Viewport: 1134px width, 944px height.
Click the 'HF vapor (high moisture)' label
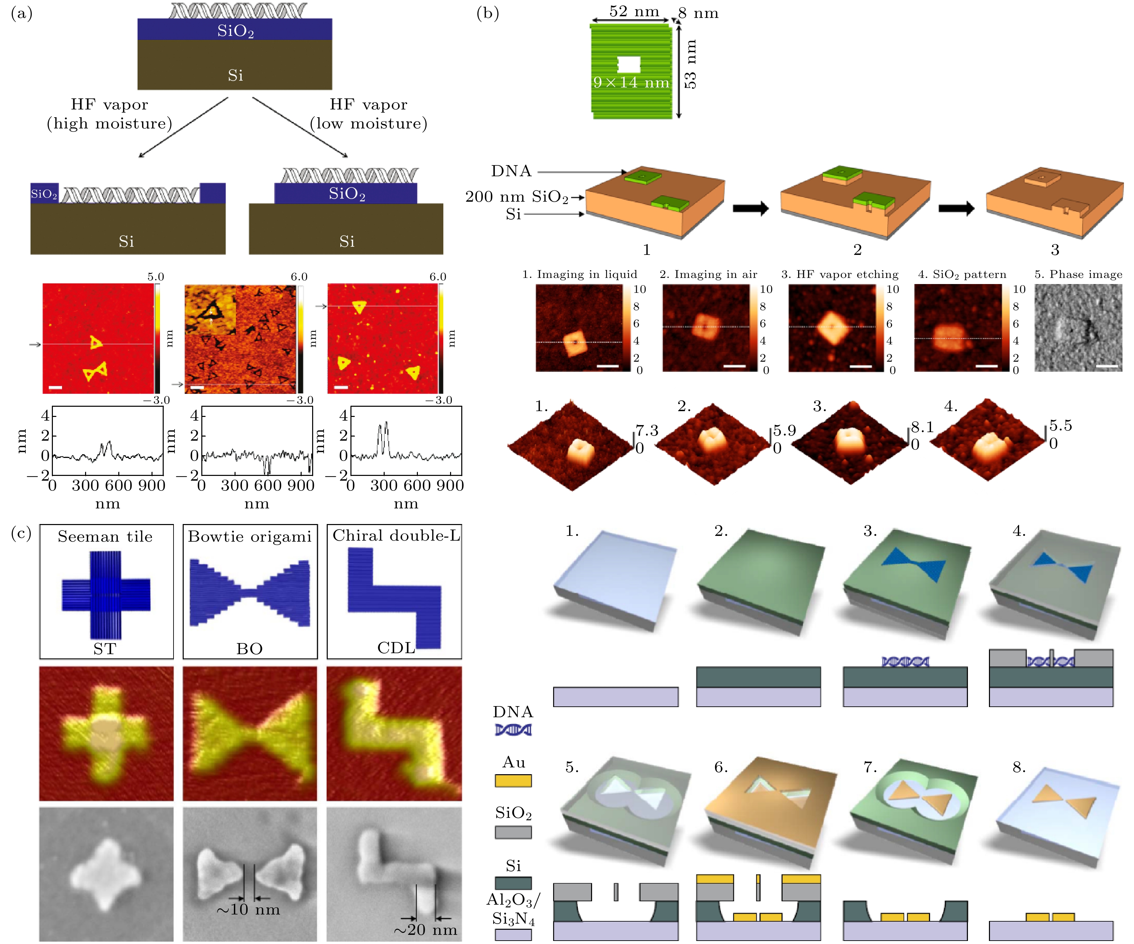point(109,114)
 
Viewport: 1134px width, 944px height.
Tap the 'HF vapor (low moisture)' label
point(368,114)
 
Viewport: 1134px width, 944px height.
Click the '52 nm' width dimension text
point(634,11)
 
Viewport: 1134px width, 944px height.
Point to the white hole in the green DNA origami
point(629,64)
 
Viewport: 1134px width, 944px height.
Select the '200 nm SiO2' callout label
point(517,197)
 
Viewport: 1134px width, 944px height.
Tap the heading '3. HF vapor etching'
point(840,274)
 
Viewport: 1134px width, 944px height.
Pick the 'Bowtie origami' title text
point(249,536)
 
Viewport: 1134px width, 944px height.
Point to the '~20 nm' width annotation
point(426,929)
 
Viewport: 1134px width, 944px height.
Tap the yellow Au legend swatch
point(513,780)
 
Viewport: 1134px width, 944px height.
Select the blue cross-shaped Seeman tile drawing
point(106,595)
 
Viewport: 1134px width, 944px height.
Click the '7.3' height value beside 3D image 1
point(647,430)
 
